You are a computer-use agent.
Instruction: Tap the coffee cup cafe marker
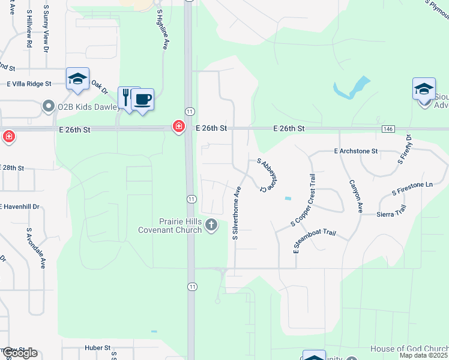[x=143, y=99]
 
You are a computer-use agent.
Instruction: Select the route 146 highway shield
[x=387, y=129]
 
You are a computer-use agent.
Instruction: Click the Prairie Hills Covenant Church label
[x=170, y=225]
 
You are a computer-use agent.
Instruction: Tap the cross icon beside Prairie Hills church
[x=211, y=225]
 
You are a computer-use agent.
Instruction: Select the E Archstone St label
[x=355, y=151]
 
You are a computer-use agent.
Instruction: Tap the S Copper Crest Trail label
[x=303, y=200]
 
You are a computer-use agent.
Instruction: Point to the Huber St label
[x=98, y=347]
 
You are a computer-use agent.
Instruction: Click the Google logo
[x=19, y=353]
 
